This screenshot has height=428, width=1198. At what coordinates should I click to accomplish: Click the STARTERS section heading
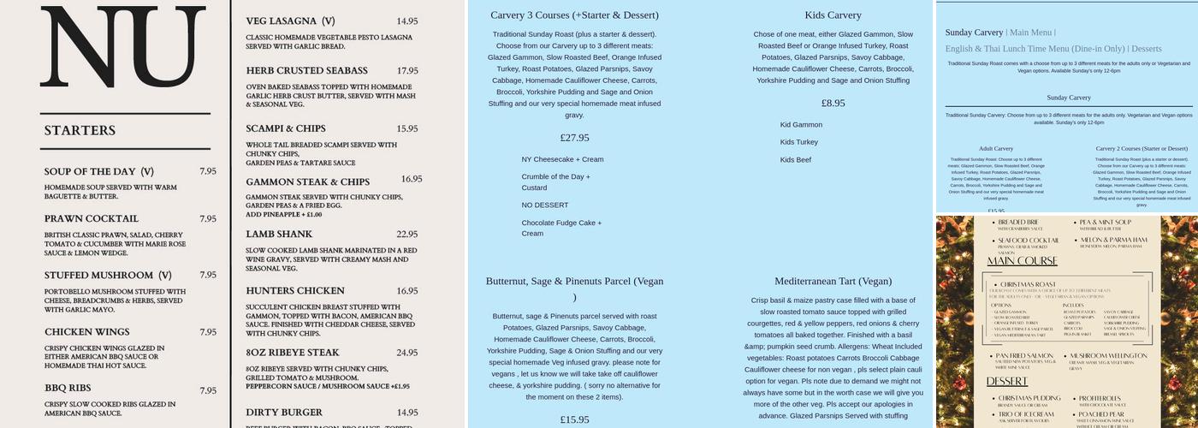[x=80, y=131]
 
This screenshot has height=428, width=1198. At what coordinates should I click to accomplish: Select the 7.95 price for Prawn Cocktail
[x=208, y=219]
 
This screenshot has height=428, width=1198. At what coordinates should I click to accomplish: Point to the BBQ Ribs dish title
[x=67, y=389]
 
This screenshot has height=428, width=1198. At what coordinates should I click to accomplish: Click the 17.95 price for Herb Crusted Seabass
[x=407, y=71]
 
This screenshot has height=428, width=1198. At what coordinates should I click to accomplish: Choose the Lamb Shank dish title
[x=279, y=234]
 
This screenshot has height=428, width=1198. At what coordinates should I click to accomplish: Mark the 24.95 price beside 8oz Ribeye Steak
[x=407, y=353]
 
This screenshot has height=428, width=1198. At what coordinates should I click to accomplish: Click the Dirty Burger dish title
[x=284, y=413]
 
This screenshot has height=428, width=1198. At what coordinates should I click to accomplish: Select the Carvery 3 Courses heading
[x=574, y=15]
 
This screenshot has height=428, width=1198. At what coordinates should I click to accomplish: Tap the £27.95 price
[x=574, y=138]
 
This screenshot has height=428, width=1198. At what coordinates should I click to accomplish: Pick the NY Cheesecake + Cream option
[x=562, y=159]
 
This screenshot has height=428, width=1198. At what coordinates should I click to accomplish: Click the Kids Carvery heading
[x=833, y=15]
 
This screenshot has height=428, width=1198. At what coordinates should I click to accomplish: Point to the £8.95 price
[x=833, y=104]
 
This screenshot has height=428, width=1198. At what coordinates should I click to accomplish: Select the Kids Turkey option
[x=798, y=142]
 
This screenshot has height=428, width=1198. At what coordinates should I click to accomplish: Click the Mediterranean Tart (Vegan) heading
[x=833, y=282]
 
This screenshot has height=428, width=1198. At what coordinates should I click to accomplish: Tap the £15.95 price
[x=574, y=419]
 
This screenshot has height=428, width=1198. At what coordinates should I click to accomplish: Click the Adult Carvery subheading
[x=995, y=149]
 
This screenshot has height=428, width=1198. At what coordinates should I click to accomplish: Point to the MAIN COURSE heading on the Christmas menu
[x=1022, y=261]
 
